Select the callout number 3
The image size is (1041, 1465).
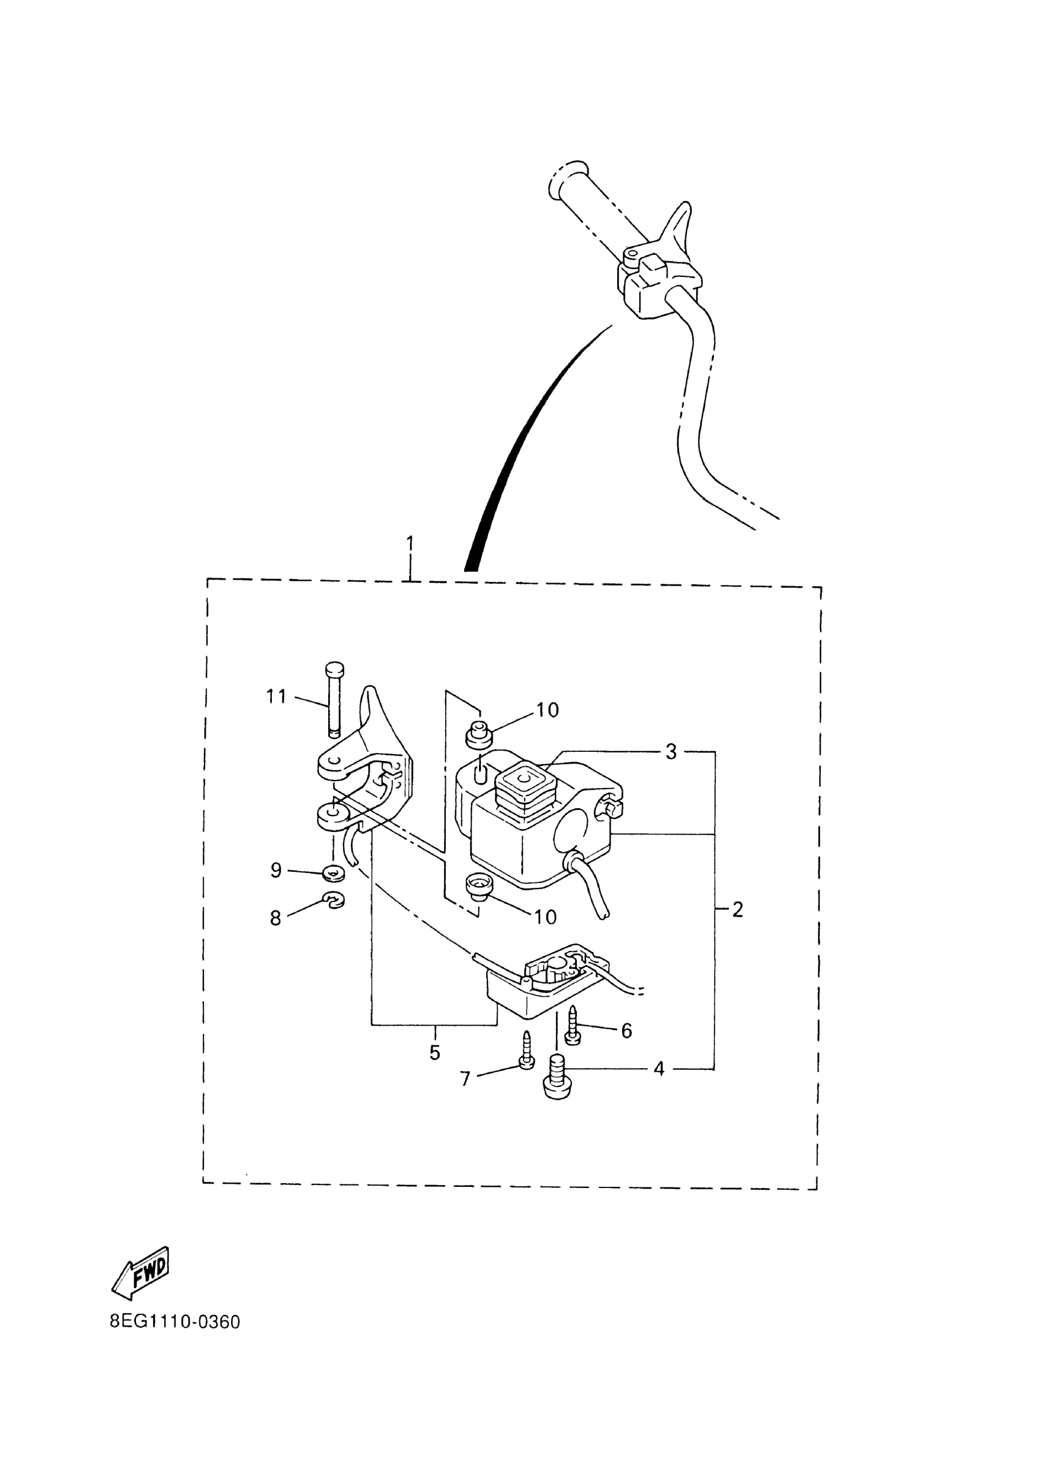coord(671,752)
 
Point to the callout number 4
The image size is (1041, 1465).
coord(659,1069)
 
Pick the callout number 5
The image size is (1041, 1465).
coord(435,1053)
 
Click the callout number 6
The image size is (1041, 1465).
coord(626,1031)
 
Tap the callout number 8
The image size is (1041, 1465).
coord(276,918)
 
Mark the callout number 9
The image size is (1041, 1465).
coord(276,871)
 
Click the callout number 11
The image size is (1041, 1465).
coord(276,696)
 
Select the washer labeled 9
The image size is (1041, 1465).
coord(333,873)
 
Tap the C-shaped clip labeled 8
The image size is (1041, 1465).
coord(334,901)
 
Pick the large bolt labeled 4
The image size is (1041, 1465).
coord(557,1080)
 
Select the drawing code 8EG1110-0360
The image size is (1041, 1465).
coord(175,1323)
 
